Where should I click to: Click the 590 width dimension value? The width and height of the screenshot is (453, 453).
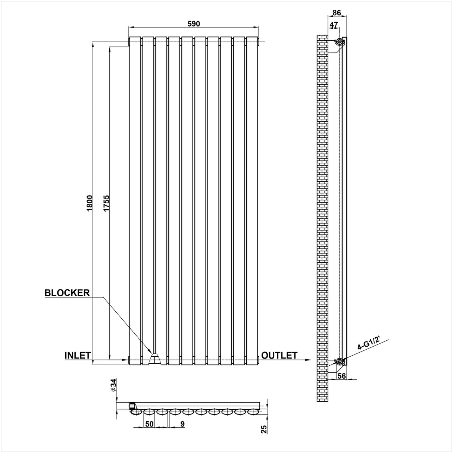(194, 24)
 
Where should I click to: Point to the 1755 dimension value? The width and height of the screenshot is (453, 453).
(106, 203)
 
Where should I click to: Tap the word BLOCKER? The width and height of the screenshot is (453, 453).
(67, 293)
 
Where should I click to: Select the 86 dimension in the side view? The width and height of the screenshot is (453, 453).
(337, 12)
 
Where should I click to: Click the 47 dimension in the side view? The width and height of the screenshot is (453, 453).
(334, 25)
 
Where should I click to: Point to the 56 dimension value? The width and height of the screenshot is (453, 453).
(342, 376)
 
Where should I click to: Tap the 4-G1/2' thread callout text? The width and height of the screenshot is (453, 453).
(368, 346)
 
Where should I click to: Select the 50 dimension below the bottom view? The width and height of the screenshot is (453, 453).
(149, 424)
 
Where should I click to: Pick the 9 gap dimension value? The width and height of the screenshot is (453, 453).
(182, 424)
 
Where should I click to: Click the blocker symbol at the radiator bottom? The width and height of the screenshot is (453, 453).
(154, 359)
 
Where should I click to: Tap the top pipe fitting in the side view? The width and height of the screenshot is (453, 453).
(339, 41)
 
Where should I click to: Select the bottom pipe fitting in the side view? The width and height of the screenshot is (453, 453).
(339, 361)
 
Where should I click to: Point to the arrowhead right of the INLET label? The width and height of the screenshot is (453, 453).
(125, 360)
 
